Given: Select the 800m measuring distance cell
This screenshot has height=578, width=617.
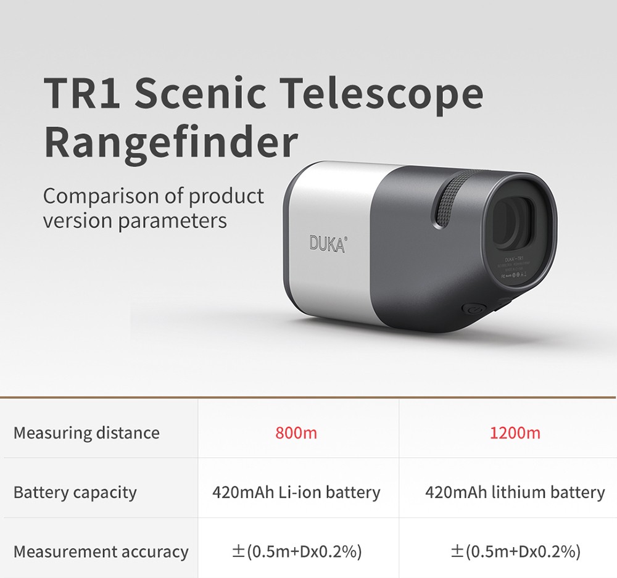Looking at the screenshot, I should [296, 433].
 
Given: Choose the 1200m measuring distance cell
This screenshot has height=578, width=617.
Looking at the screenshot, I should [515, 433].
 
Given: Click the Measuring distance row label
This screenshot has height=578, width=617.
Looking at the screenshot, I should [86, 433].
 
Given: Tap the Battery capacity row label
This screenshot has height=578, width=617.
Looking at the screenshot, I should [75, 492].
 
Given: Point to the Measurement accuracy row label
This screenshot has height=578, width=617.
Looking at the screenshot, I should [101, 551].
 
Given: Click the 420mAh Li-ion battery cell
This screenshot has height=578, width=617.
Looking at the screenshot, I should [296, 492].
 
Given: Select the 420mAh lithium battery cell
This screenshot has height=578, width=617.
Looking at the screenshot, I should [515, 492].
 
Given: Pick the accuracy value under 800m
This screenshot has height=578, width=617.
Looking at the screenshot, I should [296, 551].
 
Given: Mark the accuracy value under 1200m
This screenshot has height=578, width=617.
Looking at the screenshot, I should [515, 551].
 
